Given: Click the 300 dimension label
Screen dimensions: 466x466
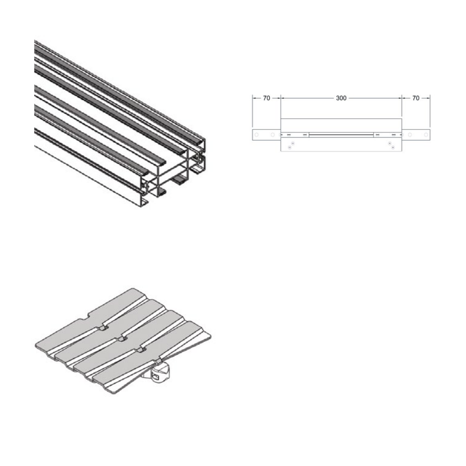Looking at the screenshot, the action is coord(341,98).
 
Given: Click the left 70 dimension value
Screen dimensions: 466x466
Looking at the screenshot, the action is coord(267,98).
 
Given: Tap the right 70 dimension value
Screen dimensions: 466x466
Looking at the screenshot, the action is coord(416,98).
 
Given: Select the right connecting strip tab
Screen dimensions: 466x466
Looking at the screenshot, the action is coord(416,135).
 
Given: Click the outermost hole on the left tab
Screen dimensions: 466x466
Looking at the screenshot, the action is coord(257,135).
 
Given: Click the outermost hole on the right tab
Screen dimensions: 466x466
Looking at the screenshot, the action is coord(426,135).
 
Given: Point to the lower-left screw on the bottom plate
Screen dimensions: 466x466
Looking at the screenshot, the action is coord(290,147).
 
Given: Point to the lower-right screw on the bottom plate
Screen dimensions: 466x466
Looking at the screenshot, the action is coord(393,147).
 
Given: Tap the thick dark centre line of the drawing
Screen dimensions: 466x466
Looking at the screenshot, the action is coord(341,135).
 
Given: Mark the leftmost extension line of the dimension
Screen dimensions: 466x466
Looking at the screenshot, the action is coord(252,111).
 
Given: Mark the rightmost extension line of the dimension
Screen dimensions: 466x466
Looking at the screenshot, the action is coord(430,111).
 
